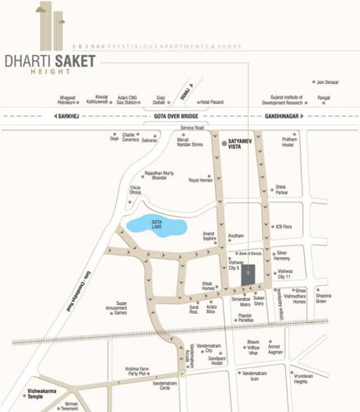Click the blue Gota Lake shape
(x=157, y=224)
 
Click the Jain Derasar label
(x=326, y=82)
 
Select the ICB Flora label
(x=284, y=227)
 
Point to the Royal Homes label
(x=201, y=180)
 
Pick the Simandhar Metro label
(x=241, y=302)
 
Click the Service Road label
(x=192, y=128)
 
